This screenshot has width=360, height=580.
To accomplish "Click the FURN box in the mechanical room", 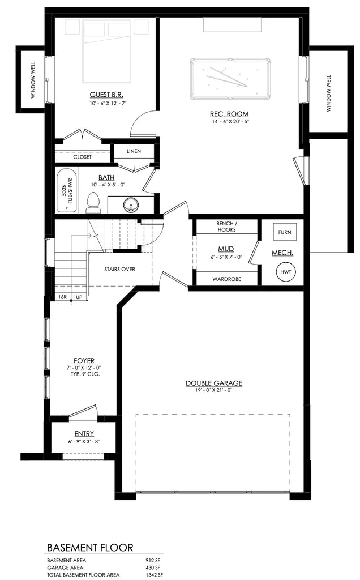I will pos(284,232).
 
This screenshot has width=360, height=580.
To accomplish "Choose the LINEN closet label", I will pos(134,152).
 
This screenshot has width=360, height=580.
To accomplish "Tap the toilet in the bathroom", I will pos(93,203).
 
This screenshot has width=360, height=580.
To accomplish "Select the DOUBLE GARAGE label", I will pos(214,383).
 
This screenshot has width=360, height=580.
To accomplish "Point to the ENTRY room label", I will pos(83,434).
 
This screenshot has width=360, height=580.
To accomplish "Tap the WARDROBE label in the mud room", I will pos(226,279).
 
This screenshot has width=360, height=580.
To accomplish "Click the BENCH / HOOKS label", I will pos(226,227).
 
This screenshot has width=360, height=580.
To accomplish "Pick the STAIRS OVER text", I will pos(119,269).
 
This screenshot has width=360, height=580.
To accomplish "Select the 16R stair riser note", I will pos(62,297).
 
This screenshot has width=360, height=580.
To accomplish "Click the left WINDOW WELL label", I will pos(33,81).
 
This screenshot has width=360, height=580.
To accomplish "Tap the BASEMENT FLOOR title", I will pos(90,548).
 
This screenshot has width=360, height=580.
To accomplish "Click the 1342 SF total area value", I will pos(152,575).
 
